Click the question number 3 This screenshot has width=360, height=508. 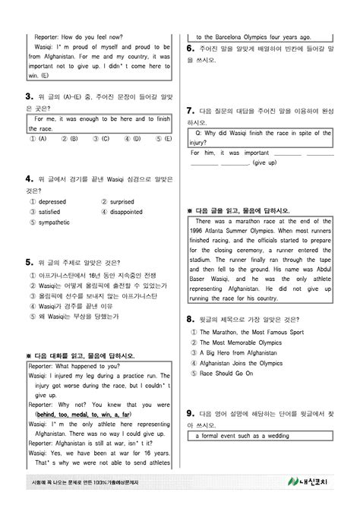tap(29, 96)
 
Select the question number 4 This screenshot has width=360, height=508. tap(29, 179)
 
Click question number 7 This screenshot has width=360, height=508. tap(190, 110)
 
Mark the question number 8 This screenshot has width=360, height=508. tap(190, 320)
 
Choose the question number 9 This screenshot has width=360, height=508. tap(190, 413)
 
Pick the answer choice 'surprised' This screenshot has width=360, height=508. tap(122, 202)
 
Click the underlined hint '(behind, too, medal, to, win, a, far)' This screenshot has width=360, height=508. tap(84, 415)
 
